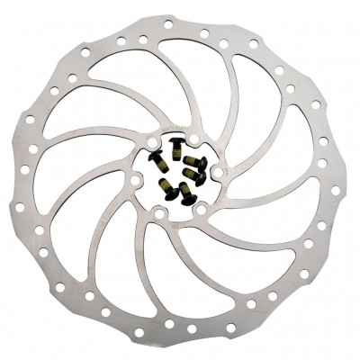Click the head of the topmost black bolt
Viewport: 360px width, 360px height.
coord(176,139)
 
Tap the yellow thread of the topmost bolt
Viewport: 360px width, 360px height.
coord(176,153)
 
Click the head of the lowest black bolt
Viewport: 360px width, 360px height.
coord(189,199)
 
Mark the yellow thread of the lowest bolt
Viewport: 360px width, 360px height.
coord(184,188)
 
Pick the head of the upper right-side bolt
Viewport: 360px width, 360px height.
coord(202,164)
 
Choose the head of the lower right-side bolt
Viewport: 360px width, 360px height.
coord(201,178)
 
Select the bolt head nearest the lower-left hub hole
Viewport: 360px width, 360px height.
coord(171,193)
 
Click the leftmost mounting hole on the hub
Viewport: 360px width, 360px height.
coord(135,180)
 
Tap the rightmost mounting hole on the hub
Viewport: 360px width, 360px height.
coord(219,172)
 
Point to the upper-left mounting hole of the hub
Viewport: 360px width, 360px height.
coord(152,143)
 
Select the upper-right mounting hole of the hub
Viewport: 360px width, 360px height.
coord(194,139)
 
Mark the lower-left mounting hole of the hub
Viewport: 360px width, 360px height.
coord(159,213)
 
